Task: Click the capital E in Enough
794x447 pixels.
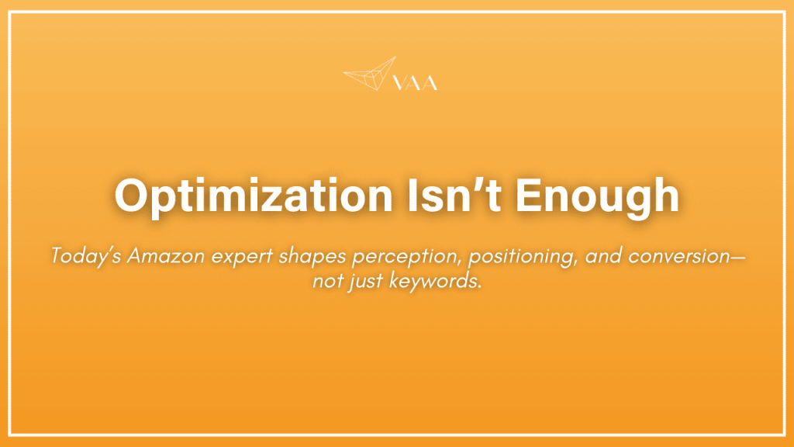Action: click(531, 196)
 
